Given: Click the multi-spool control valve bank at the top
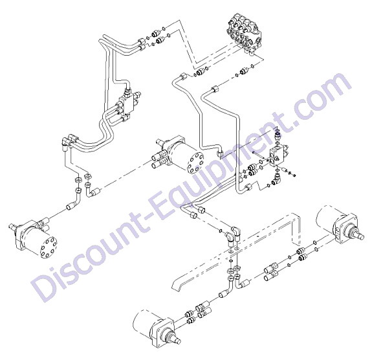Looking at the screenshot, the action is point(245,34).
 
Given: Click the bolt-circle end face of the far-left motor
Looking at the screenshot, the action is point(49,247).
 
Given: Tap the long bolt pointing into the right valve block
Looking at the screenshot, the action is point(261,155).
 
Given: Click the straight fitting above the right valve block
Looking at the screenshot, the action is point(278,136).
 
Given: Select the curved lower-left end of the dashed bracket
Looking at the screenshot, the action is point(181,284).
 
